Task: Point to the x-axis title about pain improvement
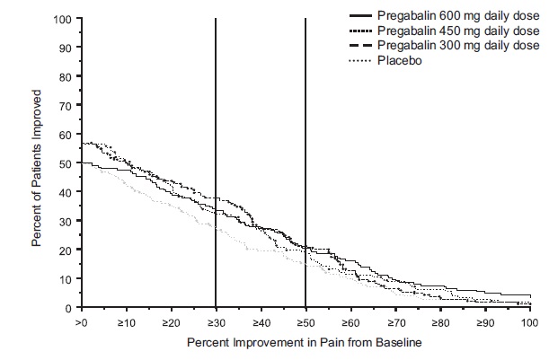[305, 343]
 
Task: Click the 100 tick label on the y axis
[63, 19]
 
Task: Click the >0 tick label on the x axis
[81, 321]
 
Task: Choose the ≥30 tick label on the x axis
[216, 321]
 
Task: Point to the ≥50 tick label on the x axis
[306, 321]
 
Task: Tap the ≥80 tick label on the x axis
[440, 321]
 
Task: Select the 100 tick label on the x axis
[529, 321]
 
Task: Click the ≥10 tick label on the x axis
[126, 321]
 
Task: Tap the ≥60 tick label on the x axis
[350, 321]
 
